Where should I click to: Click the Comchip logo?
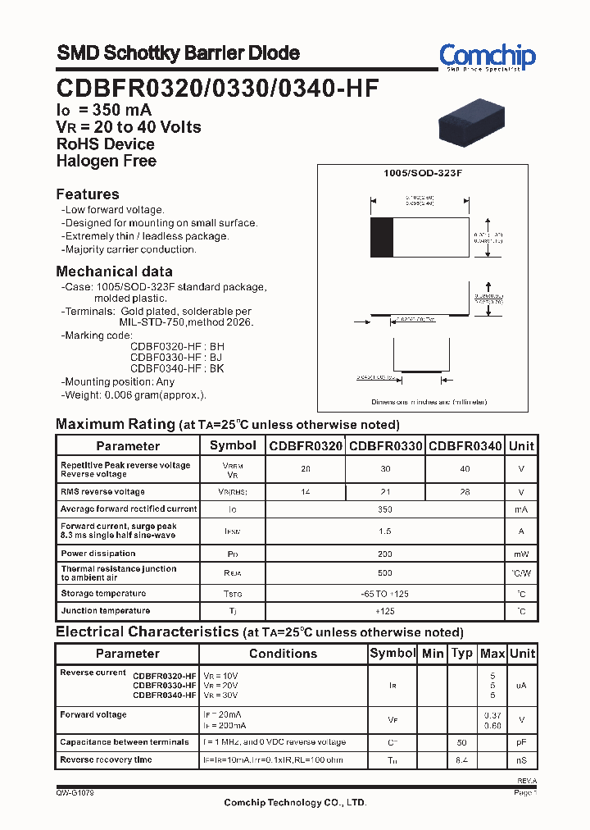coord(487,57)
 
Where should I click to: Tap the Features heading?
coord(88,194)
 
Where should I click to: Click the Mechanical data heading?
coord(114,271)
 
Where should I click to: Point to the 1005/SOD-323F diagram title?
coord(423,174)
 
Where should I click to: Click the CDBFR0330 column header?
coord(385,446)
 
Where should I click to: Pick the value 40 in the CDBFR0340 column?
coord(465,469)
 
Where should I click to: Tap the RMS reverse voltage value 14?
coord(305,492)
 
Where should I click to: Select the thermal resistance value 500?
coord(385,573)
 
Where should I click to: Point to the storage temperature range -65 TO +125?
coord(385,593)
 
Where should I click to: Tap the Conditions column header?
coord(283,654)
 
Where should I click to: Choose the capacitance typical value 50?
coord(462,742)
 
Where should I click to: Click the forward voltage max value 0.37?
coord(492,715)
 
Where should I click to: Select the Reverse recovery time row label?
coord(106,760)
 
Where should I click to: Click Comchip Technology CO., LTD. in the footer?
coord(295,803)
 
